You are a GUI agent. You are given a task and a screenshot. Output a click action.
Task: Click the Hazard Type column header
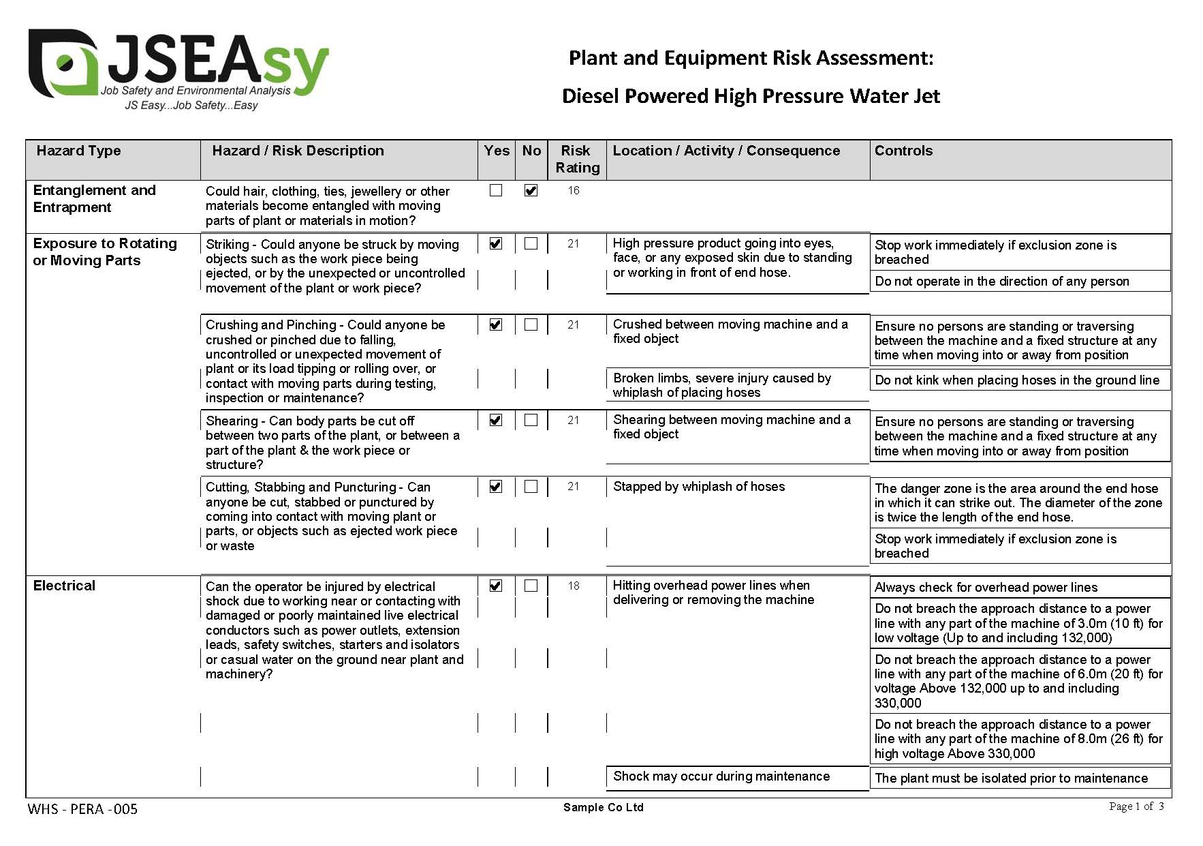click(78, 151)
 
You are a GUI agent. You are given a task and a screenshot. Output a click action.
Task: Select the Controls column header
click(903, 151)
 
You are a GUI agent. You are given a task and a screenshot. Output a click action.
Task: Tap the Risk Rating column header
click(577, 159)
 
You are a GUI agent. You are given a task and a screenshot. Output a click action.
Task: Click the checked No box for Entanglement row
click(531, 191)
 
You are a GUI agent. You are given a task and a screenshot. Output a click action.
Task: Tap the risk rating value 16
click(574, 191)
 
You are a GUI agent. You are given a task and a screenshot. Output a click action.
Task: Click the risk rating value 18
click(574, 586)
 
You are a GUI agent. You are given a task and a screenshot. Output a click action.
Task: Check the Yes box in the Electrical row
click(496, 586)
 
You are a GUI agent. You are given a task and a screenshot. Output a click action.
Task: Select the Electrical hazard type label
click(64, 586)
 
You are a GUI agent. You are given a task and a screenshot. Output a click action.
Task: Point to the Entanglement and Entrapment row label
click(94, 198)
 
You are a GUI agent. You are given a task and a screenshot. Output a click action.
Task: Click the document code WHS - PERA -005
click(82, 809)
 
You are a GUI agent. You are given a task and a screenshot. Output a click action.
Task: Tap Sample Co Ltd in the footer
click(603, 808)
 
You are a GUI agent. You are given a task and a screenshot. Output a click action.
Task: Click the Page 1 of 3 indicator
click(1136, 806)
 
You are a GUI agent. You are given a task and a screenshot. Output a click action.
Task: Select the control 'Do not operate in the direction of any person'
click(1001, 282)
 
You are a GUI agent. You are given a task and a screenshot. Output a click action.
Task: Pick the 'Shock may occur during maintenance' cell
click(721, 776)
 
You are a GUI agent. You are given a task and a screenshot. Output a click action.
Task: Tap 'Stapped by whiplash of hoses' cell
click(698, 487)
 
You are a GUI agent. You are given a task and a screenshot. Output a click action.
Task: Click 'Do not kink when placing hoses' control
click(1016, 380)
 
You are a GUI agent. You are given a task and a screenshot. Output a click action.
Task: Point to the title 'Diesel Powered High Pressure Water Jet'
click(751, 96)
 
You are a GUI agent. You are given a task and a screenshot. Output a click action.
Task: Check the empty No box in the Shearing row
click(531, 421)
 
